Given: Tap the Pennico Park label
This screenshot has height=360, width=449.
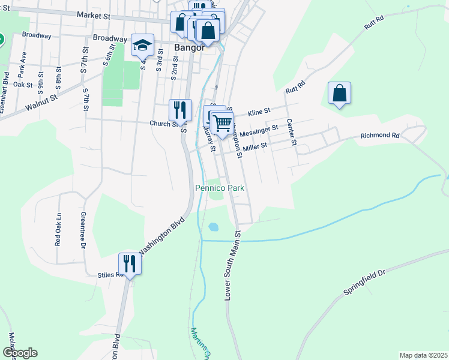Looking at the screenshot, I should [x=220, y=188].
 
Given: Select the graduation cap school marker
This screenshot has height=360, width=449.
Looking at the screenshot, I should [x=143, y=46].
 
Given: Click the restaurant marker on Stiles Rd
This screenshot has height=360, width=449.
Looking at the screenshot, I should [x=130, y=263].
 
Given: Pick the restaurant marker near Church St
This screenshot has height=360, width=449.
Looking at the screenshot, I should [x=180, y=110].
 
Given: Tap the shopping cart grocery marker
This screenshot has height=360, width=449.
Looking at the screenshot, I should [x=222, y=123].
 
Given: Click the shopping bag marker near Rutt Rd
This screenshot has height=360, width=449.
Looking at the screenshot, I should [x=339, y=94].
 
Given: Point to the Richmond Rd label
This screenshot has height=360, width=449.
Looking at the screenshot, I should [x=380, y=136].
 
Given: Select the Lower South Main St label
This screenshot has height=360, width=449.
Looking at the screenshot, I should [x=232, y=268].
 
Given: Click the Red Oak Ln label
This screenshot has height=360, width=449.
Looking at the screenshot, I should [x=58, y=229].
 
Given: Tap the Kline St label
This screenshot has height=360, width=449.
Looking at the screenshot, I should [x=259, y=112].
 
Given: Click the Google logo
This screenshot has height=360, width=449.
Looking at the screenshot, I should [x=20, y=353].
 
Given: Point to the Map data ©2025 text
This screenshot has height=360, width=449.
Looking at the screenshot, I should [x=423, y=355].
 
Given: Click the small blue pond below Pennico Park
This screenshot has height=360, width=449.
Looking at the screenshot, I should [x=213, y=227].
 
